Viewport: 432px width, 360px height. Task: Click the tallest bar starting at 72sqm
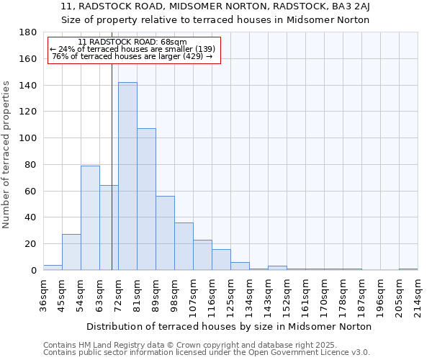click(127, 176)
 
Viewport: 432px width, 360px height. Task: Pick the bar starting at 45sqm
click(71, 252)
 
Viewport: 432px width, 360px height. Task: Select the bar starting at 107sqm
click(202, 255)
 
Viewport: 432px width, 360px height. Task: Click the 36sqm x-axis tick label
click(43, 294)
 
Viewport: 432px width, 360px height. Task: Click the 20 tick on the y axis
click(31, 244)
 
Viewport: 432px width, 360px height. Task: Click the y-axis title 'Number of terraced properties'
click(7, 154)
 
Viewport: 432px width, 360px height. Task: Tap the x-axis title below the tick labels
click(229, 326)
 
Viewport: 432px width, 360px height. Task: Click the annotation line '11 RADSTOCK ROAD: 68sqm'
click(132, 42)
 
